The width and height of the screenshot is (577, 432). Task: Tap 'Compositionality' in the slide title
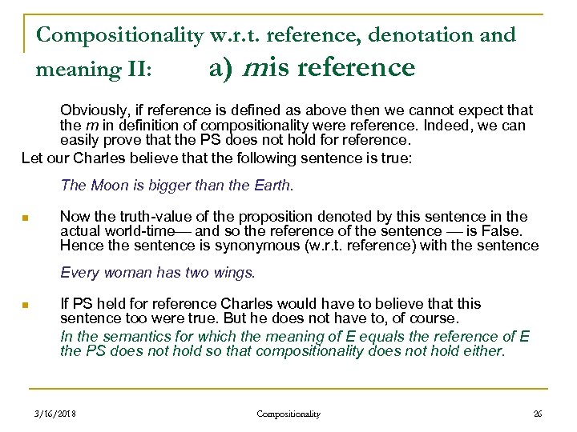119,35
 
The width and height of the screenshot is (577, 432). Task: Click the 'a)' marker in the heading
220,69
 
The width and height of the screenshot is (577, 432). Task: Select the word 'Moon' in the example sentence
111,186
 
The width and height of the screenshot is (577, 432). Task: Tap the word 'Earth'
272,186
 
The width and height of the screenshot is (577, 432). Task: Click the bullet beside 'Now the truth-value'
26,218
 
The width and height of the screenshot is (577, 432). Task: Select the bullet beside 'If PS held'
26,305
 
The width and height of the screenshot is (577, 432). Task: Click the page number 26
537,414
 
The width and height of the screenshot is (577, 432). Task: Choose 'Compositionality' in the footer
288,414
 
